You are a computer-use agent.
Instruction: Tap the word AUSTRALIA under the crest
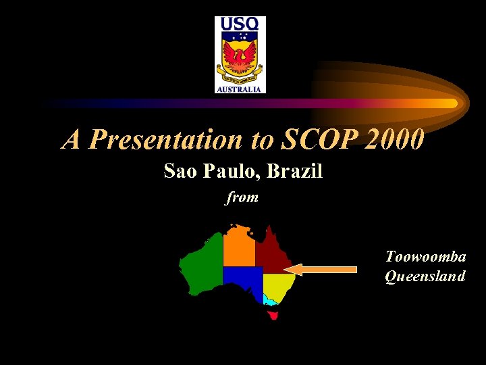tap(240, 89)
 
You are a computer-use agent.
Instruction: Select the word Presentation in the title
tap(182, 140)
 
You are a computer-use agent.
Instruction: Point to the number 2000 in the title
tap(396, 140)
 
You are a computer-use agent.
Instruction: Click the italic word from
tap(242, 198)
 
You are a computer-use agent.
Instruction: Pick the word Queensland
tap(425, 276)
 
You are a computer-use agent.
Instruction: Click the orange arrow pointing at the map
tap(325, 270)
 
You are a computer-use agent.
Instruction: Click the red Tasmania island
tap(273, 315)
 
